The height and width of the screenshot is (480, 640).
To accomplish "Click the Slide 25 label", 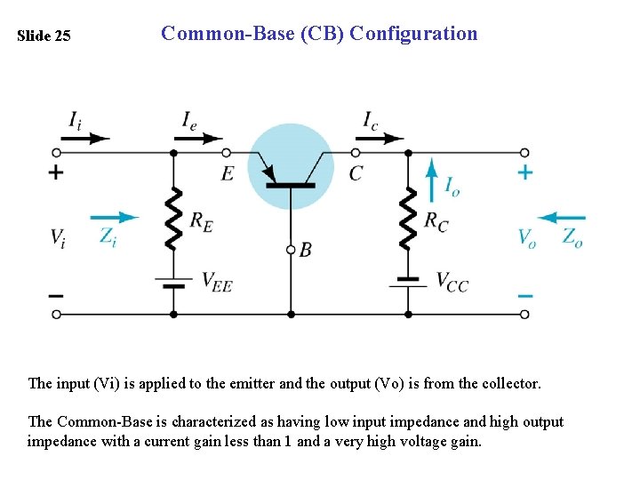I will [44, 36].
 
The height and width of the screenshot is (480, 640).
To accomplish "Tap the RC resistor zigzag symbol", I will [408, 219].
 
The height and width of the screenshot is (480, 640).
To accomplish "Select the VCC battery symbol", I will [408, 281].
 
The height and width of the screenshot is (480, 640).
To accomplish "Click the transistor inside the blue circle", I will [290, 168].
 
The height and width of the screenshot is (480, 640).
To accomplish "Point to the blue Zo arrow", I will [562, 217].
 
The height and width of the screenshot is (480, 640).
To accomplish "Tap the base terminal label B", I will [305, 251].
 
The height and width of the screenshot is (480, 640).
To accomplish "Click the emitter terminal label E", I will [228, 173].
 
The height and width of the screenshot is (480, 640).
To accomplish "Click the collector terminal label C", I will [356, 173].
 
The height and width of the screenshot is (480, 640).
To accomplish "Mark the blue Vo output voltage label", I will [528, 237].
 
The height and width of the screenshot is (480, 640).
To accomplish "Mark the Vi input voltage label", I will [57, 237].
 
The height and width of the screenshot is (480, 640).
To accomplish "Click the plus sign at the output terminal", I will [525, 172].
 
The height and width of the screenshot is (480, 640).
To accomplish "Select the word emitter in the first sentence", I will [252, 384].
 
